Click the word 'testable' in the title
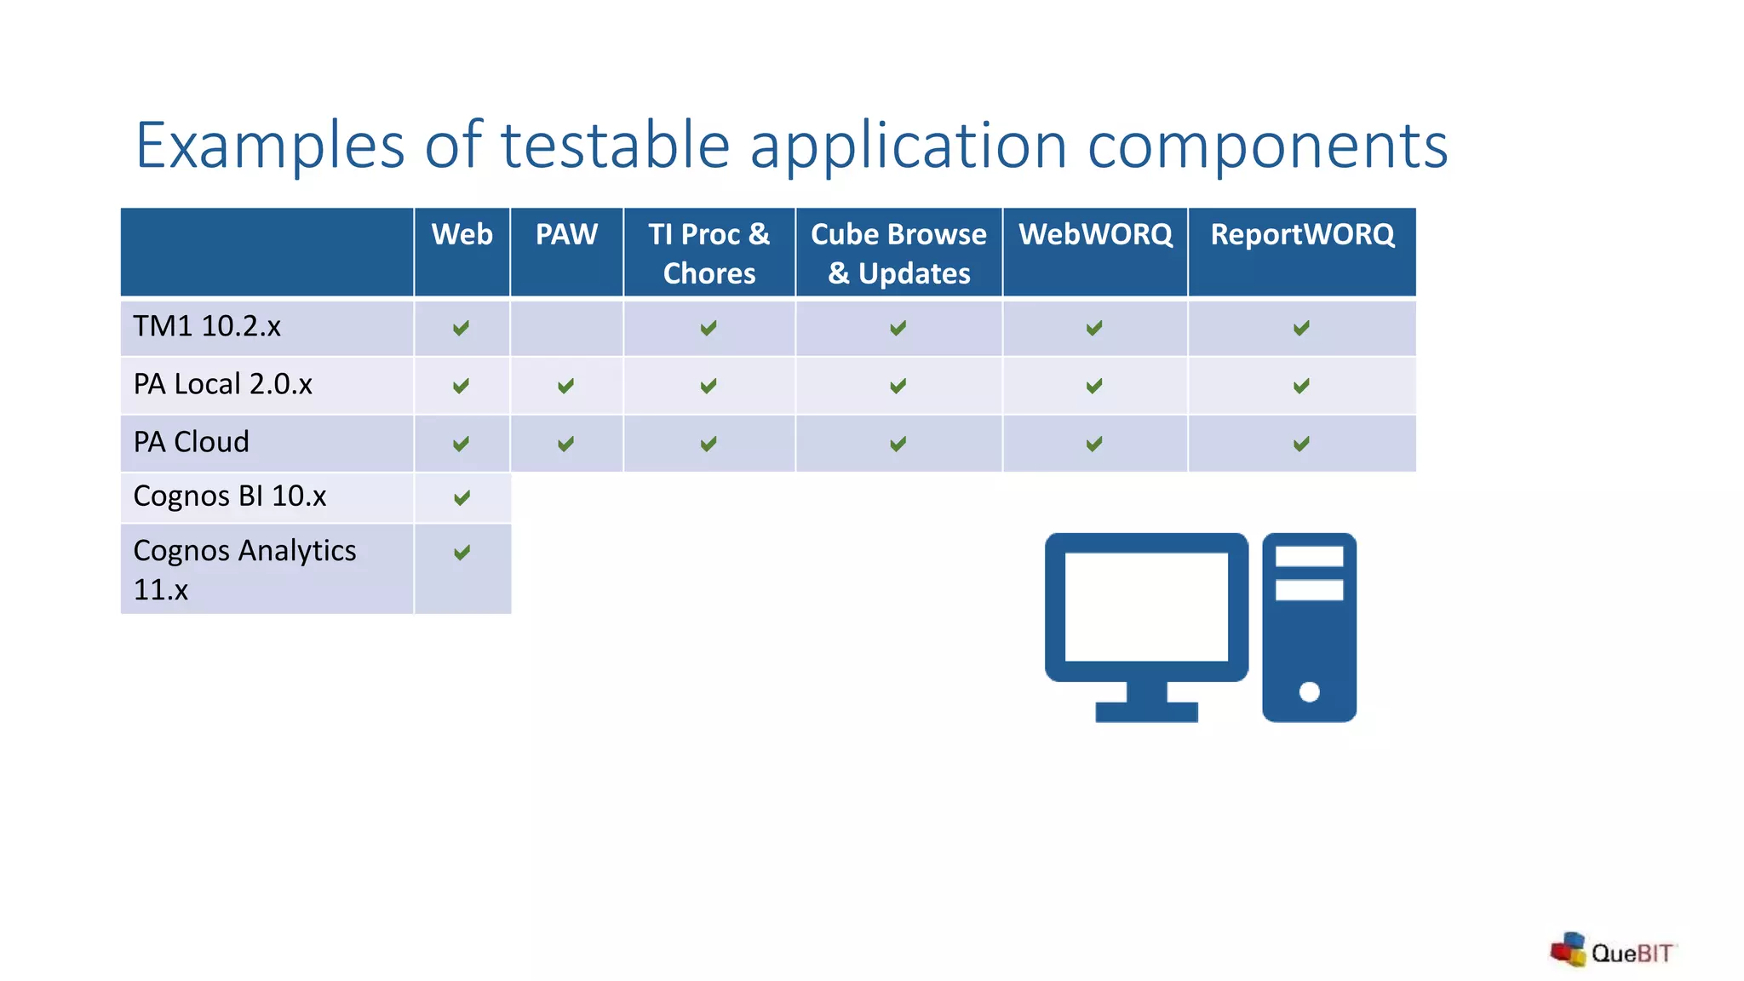(x=615, y=145)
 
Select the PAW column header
(x=566, y=235)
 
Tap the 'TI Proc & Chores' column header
(x=708, y=253)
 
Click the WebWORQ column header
(x=1095, y=235)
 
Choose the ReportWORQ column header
(x=1302, y=235)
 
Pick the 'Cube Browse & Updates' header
(x=898, y=253)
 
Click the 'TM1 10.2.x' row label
(x=207, y=326)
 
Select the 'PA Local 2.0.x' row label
(x=223, y=384)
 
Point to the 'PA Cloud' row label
(x=192, y=442)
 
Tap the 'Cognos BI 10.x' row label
(x=230, y=496)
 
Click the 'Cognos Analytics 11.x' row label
(x=244, y=569)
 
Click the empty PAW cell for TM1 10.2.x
(x=566, y=328)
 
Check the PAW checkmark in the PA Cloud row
(x=565, y=444)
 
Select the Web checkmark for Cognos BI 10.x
(x=462, y=497)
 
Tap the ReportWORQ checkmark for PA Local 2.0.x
(x=1301, y=386)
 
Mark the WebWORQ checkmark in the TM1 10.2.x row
(x=1094, y=328)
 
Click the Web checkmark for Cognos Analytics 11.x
(x=462, y=553)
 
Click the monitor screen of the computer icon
(x=1146, y=606)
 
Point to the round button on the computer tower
(x=1310, y=692)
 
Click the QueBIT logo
(x=1612, y=951)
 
